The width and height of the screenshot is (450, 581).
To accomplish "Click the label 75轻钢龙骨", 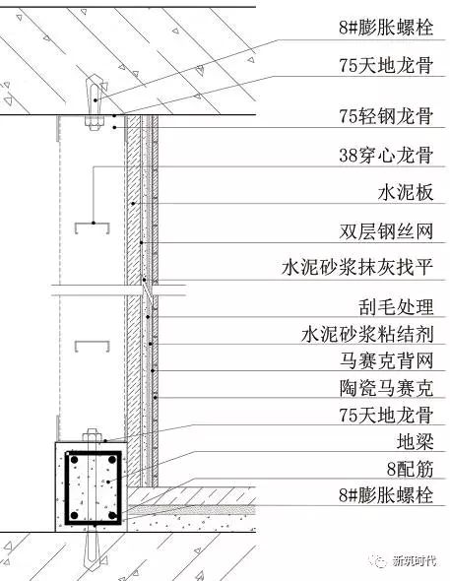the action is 386,116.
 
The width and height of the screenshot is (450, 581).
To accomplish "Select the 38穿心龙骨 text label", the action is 386,155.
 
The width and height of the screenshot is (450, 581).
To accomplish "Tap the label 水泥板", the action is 406,193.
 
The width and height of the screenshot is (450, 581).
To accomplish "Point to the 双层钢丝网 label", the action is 386,231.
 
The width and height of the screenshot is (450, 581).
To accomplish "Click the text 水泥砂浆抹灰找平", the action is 357,267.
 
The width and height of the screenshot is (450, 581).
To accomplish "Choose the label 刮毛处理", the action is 396,307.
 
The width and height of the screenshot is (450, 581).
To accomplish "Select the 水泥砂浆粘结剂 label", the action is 367,334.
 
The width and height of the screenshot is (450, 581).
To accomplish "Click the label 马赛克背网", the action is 386,360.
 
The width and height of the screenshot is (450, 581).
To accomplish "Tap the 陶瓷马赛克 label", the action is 386,388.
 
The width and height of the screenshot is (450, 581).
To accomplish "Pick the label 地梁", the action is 415,442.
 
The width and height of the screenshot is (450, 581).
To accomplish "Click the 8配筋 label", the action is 410,469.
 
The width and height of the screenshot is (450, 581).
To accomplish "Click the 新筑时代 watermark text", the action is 415,560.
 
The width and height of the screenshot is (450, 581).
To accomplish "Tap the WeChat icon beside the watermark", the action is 380,561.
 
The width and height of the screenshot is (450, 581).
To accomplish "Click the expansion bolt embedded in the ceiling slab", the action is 95,101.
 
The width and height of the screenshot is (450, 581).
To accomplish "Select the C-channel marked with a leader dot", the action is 93,227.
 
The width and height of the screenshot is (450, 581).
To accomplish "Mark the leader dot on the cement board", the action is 133,204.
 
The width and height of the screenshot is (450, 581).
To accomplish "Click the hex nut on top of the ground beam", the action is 92,435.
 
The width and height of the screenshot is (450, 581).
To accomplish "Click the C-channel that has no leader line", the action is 93,346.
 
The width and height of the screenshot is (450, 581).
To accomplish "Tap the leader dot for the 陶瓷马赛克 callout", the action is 156,398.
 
